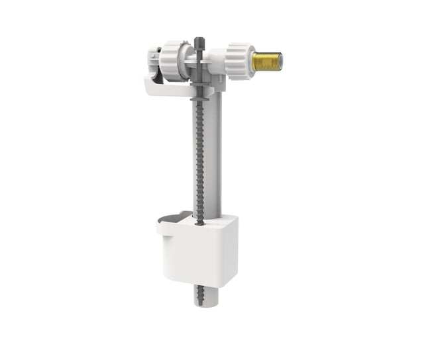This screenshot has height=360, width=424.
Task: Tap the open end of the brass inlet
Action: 280,60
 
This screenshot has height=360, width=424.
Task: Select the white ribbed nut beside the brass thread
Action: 240,62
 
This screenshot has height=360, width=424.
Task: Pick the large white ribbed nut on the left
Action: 174,61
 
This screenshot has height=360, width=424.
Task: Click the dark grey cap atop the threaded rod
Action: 199,42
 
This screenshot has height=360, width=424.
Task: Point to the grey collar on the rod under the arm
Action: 199,97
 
